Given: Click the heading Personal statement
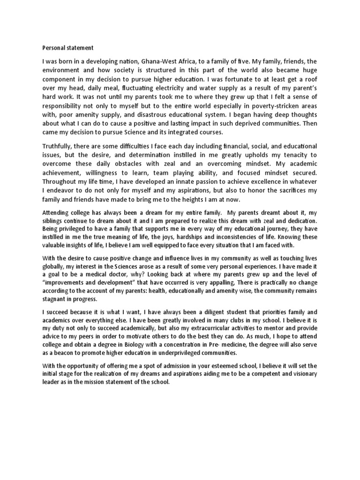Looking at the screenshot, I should click(x=68, y=47).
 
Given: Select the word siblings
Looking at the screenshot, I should click(x=53, y=220).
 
